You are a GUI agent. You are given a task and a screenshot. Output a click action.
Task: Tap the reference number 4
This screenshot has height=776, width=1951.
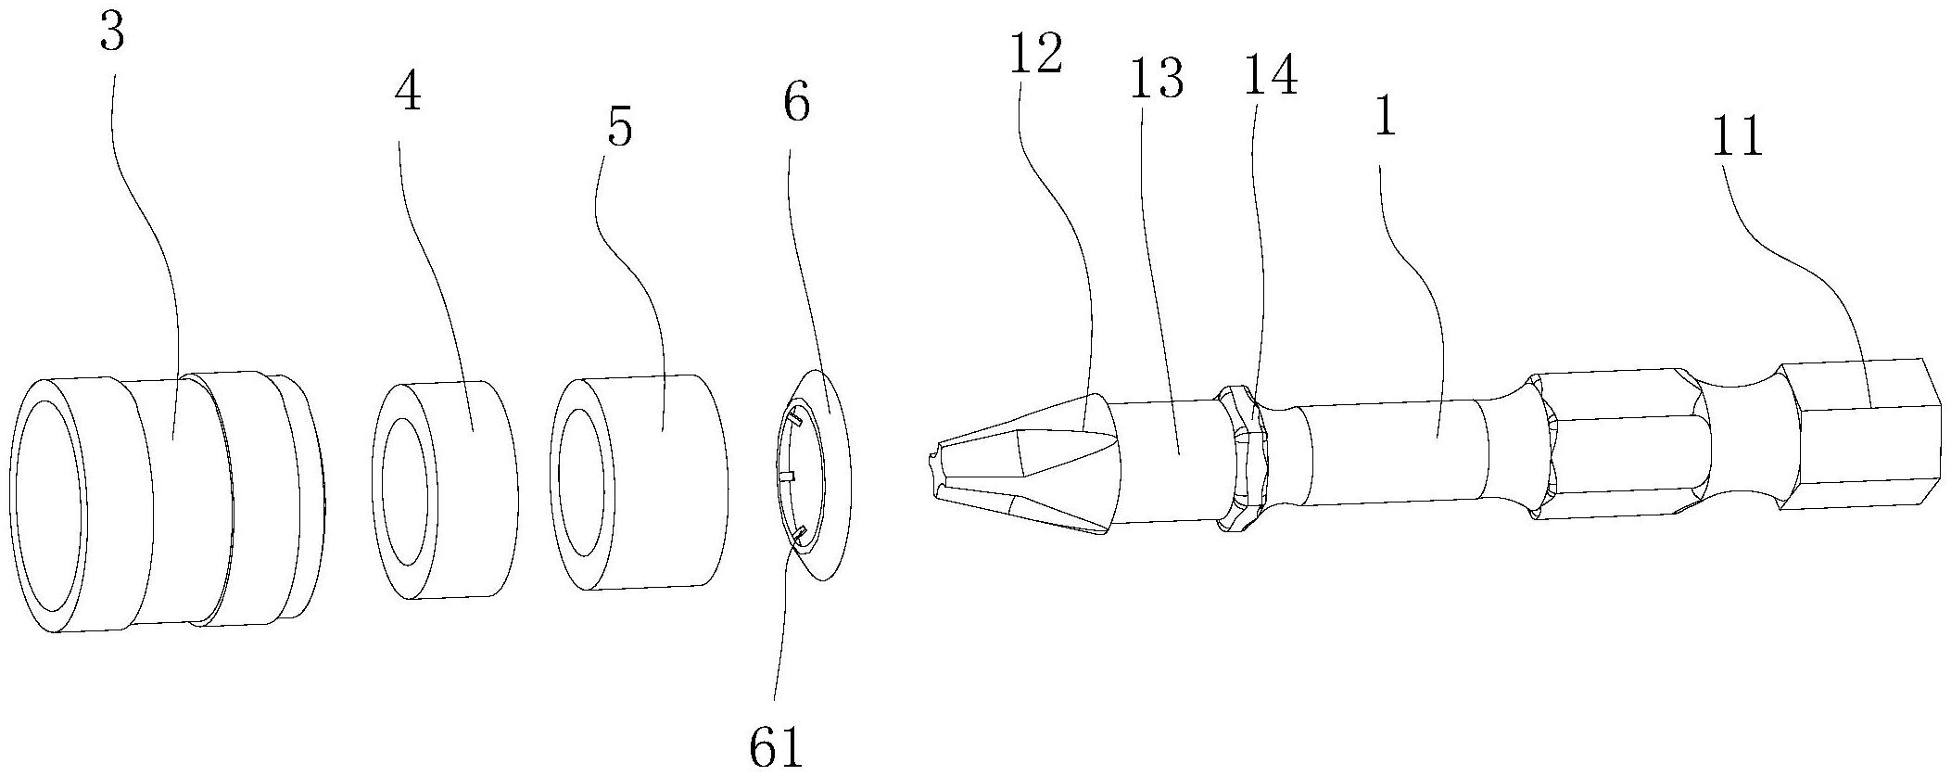[407, 93]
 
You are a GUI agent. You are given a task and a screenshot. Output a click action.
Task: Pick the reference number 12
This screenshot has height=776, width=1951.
[1036, 56]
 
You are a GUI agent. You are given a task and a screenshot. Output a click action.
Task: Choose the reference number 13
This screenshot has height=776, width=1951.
[1157, 80]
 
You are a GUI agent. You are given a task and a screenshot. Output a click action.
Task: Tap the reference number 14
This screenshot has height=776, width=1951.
[1270, 74]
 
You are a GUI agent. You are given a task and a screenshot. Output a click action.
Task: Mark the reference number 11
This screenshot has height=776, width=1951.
[1739, 139]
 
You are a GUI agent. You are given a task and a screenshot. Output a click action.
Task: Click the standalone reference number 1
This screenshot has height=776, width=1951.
[1385, 119]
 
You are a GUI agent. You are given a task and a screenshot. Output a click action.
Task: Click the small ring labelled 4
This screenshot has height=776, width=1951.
[445, 489]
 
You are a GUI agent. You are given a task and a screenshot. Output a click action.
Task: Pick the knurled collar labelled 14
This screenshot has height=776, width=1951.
[1242, 459]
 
